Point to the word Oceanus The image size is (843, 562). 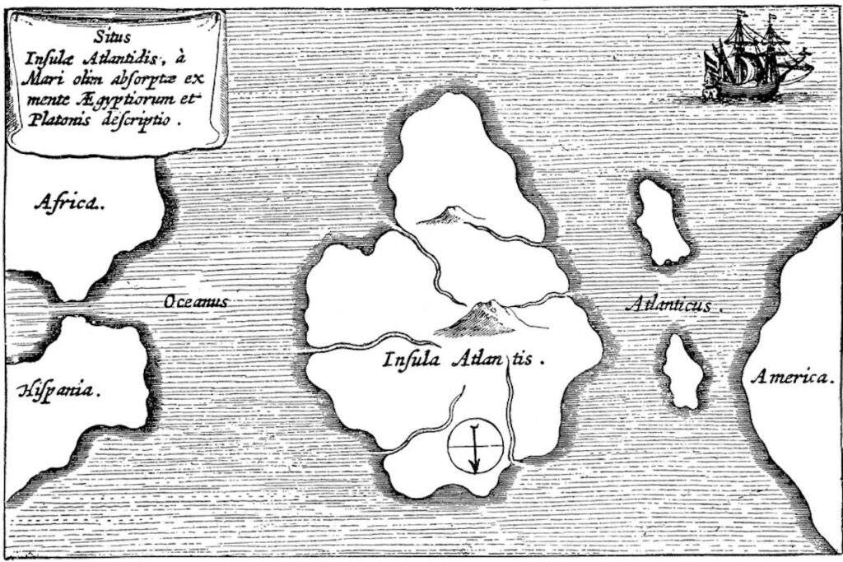[195, 302]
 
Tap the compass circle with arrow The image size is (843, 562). [475, 447]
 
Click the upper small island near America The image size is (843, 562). [662, 222]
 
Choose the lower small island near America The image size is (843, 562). [683, 371]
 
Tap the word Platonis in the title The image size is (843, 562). [70, 118]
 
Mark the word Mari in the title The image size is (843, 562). [52, 83]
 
